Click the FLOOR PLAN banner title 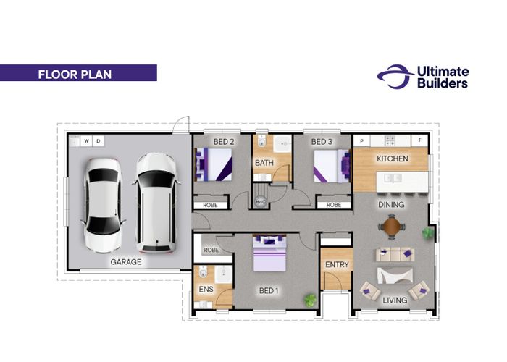pyautogui.click(x=75, y=75)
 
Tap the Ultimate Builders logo pyautogui.click(x=423, y=77)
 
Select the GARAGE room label pyautogui.click(x=126, y=262)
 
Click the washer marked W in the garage pyautogui.click(x=86, y=141)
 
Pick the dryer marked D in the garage pyautogui.click(x=99, y=141)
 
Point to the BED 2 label pyautogui.click(x=224, y=142)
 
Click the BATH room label pyautogui.click(x=264, y=163)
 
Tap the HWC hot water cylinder pyautogui.click(x=260, y=202)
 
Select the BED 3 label pyautogui.click(x=322, y=142)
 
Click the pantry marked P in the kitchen pyautogui.click(x=361, y=141)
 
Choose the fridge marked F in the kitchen pyautogui.click(x=419, y=140)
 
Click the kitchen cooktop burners pyautogui.click(x=390, y=140)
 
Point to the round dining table pyautogui.click(x=392, y=227)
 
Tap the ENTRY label pyautogui.click(x=337, y=265)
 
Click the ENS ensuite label pyautogui.click(x=206, y=290)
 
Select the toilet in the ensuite pyautogui.click(x=203, y=272)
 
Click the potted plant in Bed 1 pyautogui.click(x=311, y=300)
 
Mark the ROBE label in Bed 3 pyautogui.click(x=334, y=205)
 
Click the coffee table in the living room pyautogui.click(x=395, y=276)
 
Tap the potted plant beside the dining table pyautogui.click(x=427, y=232)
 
